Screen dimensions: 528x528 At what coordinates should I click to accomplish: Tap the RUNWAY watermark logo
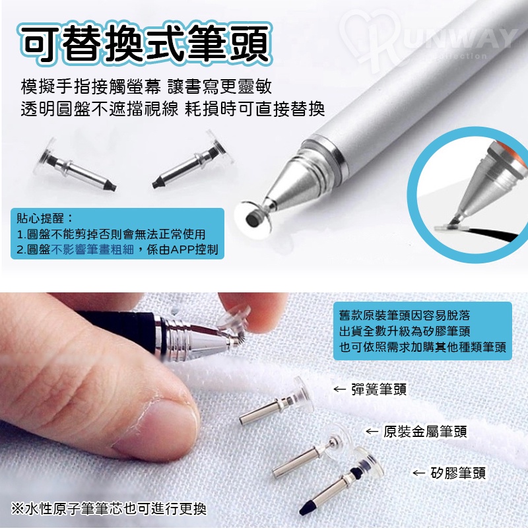click(x=428, y=40)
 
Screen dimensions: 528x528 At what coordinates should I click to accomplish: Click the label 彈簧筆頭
click(x=379, y=389)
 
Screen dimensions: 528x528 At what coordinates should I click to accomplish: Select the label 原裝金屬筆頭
click(x=425, y=432)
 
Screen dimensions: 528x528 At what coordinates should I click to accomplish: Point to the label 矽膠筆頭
click(x=458, y=473)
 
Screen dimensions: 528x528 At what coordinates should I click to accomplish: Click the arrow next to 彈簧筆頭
click(x=339, y=389)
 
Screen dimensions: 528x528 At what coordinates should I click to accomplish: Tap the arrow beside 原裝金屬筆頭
click(x=372, y=432)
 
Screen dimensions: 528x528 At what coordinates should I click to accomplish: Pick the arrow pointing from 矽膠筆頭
click(x=419, y=473)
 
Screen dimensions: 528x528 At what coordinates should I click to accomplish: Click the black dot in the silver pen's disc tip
click(x=253, y=219)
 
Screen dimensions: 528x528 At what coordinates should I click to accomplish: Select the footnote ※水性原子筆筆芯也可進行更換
click(x=108, y=508)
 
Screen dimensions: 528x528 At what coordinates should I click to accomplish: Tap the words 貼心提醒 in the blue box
click(x=40, y=218)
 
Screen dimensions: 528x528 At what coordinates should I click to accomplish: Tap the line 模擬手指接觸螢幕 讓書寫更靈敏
click(x=146, y=86)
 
